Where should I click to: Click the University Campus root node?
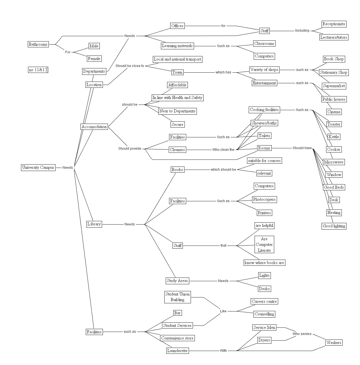tap(38, 168)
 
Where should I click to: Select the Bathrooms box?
tap(38, 44)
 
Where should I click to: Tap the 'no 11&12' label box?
tap(38, 70)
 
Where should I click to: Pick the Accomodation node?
tap(94, 127)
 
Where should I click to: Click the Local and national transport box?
tap(177, 59)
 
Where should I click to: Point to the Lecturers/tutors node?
tap(334, 37)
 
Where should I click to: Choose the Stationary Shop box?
tap(334, 72)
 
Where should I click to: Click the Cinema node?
tap(334, 112)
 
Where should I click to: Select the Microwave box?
tap(334, 162)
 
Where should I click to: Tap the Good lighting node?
tap(334, 226)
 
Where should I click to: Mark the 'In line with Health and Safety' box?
tap(177, 98)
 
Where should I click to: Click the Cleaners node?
tap(177, 150)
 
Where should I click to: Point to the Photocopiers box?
tap(264, 200)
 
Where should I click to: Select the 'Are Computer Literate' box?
tap(264, 245)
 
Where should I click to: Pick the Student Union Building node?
tap(177, 297)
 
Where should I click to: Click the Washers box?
tap(334, 343)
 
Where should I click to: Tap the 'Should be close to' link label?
tap(130, 66)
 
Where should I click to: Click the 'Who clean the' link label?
tap(223, 150)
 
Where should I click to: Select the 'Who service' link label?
tap(302, 334)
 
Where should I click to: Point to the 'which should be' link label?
tap(223, 170)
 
